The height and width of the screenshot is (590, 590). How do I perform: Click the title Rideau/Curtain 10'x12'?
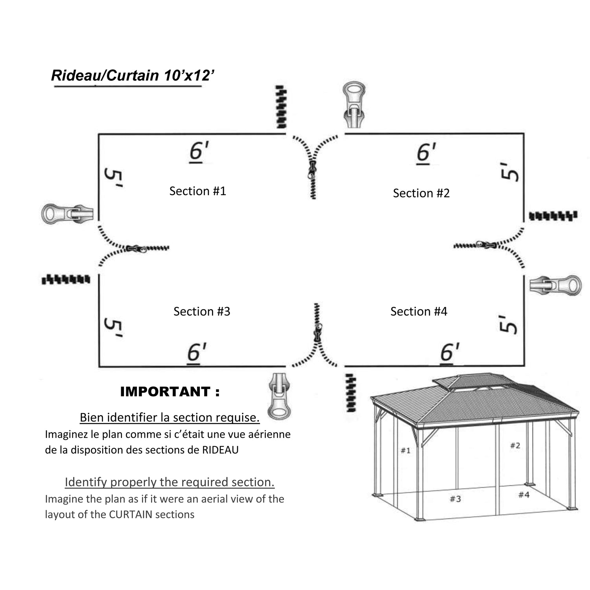tap(133, 75)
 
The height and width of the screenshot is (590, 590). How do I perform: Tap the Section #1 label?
tap(197, 191)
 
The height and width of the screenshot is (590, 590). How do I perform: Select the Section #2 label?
tap(421, 193)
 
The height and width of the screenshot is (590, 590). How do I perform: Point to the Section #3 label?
tap(201, 312)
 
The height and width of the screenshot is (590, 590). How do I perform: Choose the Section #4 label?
tap(419, 312)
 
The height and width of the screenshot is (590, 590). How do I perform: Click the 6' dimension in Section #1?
tap(199, 152)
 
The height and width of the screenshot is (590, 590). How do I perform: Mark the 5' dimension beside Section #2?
tap(510, 171)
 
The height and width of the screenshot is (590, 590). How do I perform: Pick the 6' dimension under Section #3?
tap(197, 352)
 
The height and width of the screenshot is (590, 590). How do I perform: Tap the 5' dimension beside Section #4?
tap(508, 324)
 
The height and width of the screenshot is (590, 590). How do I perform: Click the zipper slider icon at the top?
tap(354, 104)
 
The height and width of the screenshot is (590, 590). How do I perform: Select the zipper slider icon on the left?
tap(67, 214)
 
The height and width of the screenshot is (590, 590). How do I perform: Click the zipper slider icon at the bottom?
tap(279, 396)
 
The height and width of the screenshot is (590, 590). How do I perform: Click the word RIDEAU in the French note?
tap(220, 450)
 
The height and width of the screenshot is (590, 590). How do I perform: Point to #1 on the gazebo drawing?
tap(405, 450)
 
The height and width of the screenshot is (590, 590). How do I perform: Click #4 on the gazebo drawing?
tap(524, 495)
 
